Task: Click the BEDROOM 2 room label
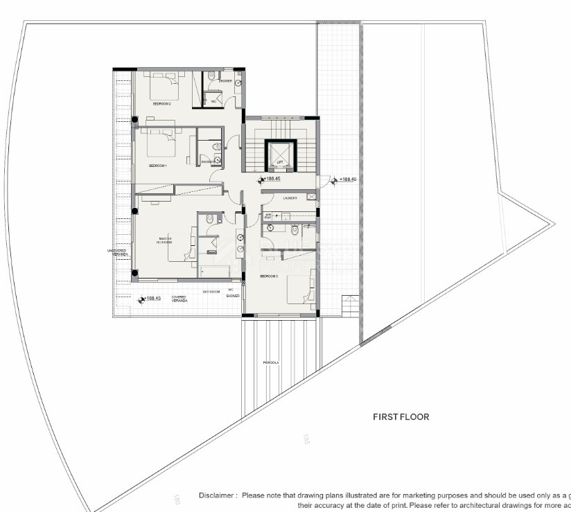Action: [161, 103]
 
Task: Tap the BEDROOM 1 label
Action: [158, 166]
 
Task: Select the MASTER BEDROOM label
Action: [164, 241]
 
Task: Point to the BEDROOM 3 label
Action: [269, 276]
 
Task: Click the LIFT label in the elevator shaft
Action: [280, 162]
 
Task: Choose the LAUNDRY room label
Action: [290, 198]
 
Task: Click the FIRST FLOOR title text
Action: [401, 417]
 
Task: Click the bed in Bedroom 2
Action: [167, 86]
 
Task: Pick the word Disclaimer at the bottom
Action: [218, 495]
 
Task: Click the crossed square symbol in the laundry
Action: [311, 197]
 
